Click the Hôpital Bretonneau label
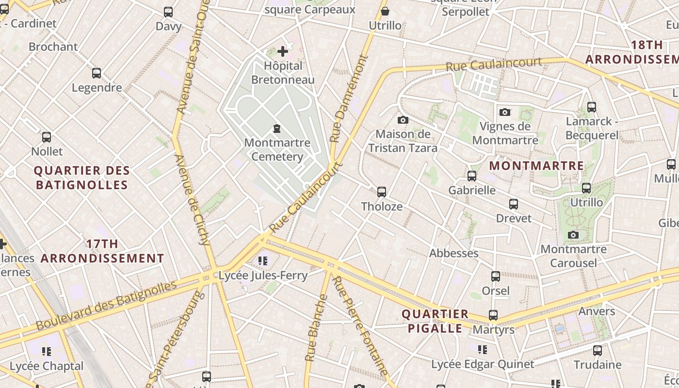pyautogui.click(x=283, y=73)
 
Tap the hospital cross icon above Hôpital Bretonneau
pyautogui.click(x=283, y=51)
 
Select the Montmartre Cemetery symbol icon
pyautogui.click(x=277, y=129)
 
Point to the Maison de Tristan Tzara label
pyautogui.click(x=403, y=141)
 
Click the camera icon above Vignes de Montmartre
pyautogui.click(x=505, y=112)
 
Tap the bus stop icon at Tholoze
pyautogui.click(x=382, y=192)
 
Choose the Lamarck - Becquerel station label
pyautogui.click(x=592, y=128)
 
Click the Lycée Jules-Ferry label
pyautogui.click(x=263, y=275)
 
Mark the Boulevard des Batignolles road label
pyautogui.click(x=107, y=306)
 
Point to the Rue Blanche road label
pyautogui.click(x=316, y=327)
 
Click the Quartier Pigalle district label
pyautogui.click(x=435, y=321)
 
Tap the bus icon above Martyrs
pyautogui.click(x=493, y=315)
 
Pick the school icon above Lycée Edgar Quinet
pyautogui.click(x=482, y=349)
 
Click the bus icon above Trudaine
pyautogui.click(x=598, y=350)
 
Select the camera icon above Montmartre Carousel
pyautogui.click(x=573, y=235)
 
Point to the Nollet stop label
pyautogui.click(x=47, y=151)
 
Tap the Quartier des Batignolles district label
pyautogui.click(x=82, y=178)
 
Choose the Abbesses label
pyautogui.click(x=453, y=253)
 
